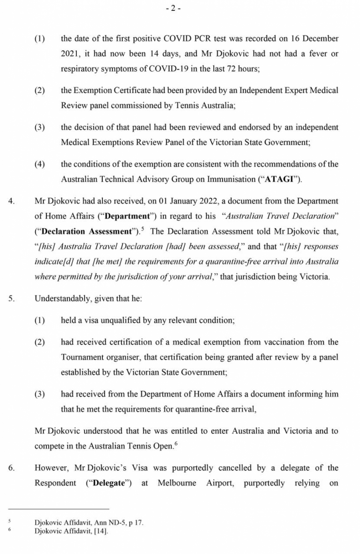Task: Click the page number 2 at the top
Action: [x=174, y=9]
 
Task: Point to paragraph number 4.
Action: [x=12, y=201]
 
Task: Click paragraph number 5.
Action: [x=12, y=299]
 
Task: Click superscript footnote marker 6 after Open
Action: [x=176, y=444]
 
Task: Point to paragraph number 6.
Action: [x=12, y=468]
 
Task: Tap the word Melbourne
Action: [x=177, y=483]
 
